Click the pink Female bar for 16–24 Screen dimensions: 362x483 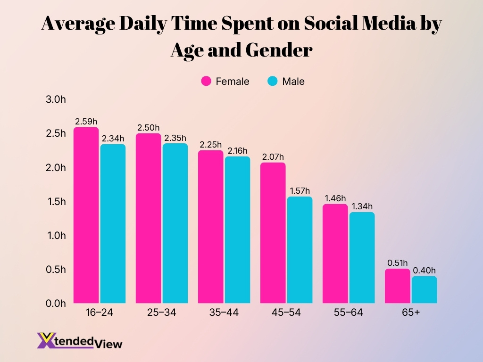point(86,215)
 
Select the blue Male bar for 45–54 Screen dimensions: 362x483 point(300,250)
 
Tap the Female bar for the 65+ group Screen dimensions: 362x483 point(398,286)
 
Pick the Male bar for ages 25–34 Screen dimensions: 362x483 point(175,223)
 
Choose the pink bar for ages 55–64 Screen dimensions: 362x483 point(335,254)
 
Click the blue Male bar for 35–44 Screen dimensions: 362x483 point(237,230)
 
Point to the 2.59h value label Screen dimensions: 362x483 point(86,122)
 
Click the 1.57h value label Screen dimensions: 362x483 point(300,191)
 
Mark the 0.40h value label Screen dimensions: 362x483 point(424,271)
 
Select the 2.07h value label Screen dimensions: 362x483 point(273,157)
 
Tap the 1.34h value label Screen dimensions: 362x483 point(362,206)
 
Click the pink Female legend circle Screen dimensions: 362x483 point(206,81)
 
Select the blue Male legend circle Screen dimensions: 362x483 point(273,81)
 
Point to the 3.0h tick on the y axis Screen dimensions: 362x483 point(56,99)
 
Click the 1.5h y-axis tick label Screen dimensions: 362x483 point(56,202)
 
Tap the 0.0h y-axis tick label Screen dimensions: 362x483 point(56,304)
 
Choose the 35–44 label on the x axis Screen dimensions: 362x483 point(224,313)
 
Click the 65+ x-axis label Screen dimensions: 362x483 point(411,313)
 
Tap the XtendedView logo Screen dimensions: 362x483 point(79,340)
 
